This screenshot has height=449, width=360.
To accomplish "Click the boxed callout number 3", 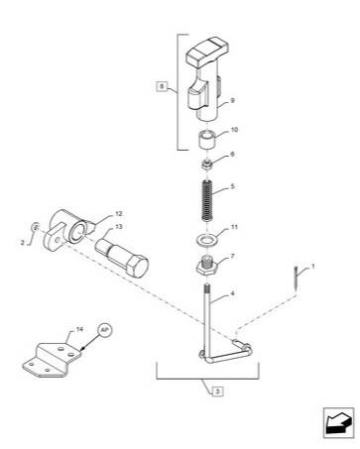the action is (x=216, y=390).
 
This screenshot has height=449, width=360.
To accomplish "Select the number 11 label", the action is (x=234, y=228).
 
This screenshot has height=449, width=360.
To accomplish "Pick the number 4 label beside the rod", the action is (x=232, y=294).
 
